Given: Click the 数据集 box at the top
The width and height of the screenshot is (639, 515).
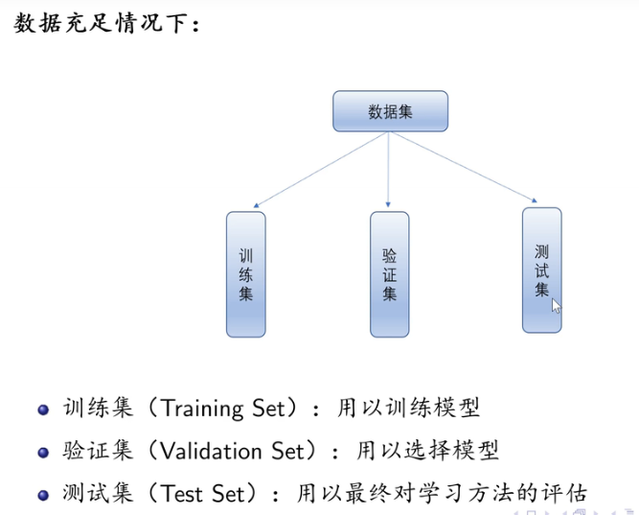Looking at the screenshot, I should click(x=390, y=111).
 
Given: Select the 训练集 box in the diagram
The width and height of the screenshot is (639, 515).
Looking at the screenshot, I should click(x=245, y=274).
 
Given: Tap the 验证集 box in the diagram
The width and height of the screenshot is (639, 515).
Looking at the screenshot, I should click(x=389, y=274).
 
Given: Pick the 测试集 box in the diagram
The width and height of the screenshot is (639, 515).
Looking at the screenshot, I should click(x=541, y=269).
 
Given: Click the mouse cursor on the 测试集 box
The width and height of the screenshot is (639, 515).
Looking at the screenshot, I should click(x=556, y=305).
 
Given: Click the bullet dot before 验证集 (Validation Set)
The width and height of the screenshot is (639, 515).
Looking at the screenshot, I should click(x=42, y=452).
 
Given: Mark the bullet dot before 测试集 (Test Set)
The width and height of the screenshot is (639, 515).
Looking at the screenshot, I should click(x=42, y=495).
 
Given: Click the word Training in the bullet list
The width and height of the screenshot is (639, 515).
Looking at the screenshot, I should click(x=203, y=409).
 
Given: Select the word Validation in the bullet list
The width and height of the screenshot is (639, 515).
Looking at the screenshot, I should click(x=209, y=451).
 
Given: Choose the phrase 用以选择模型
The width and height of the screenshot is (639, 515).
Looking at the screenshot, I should click(x=428, y=451).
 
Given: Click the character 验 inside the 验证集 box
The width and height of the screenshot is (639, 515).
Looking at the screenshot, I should click(x=389, y=254).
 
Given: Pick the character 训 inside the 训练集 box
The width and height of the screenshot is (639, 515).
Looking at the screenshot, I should click(x=245, y=255).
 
